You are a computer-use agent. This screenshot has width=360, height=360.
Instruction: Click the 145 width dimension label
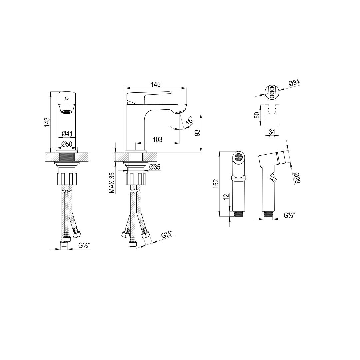point(155,84)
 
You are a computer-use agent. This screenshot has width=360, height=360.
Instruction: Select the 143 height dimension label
point(47,122)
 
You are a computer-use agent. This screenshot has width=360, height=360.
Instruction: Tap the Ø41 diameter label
point(67,133)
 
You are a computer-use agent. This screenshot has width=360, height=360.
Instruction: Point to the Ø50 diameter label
point(67,144)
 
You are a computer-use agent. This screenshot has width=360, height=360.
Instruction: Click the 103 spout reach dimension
point(157,139)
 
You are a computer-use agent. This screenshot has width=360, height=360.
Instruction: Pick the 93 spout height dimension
point(197,133)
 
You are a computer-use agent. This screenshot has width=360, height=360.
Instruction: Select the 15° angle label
point(190,121)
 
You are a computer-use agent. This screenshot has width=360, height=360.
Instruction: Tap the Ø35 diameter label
point(155,167)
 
